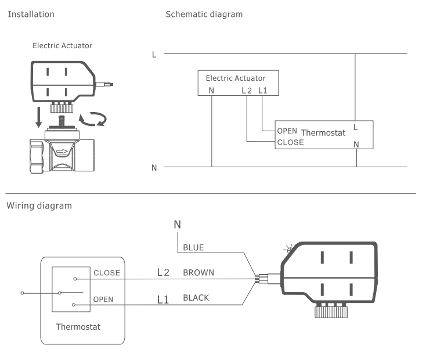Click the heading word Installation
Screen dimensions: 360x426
30,14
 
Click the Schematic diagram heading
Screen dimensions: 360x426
204,14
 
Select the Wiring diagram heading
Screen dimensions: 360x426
39,206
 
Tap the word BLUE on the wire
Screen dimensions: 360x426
194,247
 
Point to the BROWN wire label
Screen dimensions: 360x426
198,272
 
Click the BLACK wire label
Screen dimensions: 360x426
196,298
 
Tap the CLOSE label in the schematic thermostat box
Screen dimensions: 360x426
290,142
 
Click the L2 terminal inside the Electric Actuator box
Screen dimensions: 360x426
247,91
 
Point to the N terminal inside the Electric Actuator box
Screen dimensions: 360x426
212,91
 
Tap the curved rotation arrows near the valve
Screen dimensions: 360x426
93,119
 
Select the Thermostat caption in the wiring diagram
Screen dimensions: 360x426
78,326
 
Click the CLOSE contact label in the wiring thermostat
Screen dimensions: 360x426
106,272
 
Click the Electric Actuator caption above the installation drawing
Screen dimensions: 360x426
62,45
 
